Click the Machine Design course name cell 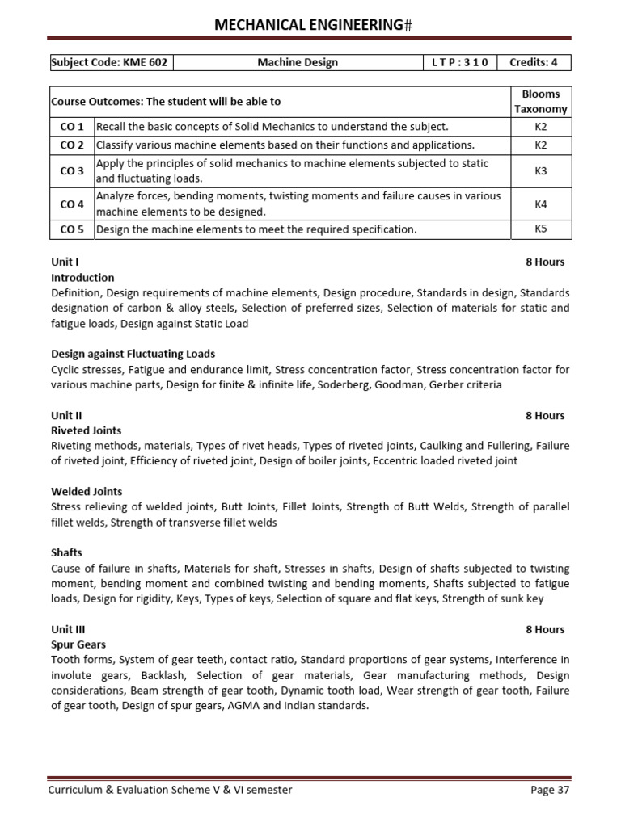click(298, 62)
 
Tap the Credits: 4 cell click(534, 62)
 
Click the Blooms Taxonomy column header click(541, 102)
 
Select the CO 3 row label click(72, 171)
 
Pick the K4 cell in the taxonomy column click(541, 204)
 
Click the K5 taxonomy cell click(541, 229)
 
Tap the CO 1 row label click(72, 127)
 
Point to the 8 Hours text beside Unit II click(544, 415)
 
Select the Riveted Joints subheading click(86, 430)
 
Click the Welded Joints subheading click(87, 491)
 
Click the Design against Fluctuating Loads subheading click(133, 354)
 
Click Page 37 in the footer click(550, 790)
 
